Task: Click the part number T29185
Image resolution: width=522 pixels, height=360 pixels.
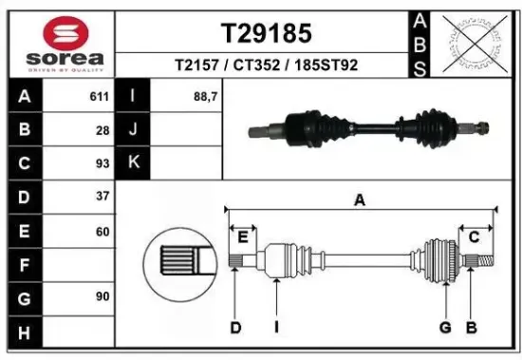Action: click(266, 33)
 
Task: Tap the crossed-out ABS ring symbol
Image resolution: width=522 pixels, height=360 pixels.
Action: click(470, 42)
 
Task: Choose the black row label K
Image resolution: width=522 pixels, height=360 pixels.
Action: click(133, 163)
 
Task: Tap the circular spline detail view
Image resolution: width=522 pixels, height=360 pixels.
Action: click(177, 259)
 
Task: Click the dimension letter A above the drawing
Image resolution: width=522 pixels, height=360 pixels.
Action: click(360, 200)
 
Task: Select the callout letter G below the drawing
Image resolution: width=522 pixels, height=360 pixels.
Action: click(443, 328)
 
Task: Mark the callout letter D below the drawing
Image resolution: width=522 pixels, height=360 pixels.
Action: click(235, 328)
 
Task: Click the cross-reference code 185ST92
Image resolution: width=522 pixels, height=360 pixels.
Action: click(326, 66)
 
